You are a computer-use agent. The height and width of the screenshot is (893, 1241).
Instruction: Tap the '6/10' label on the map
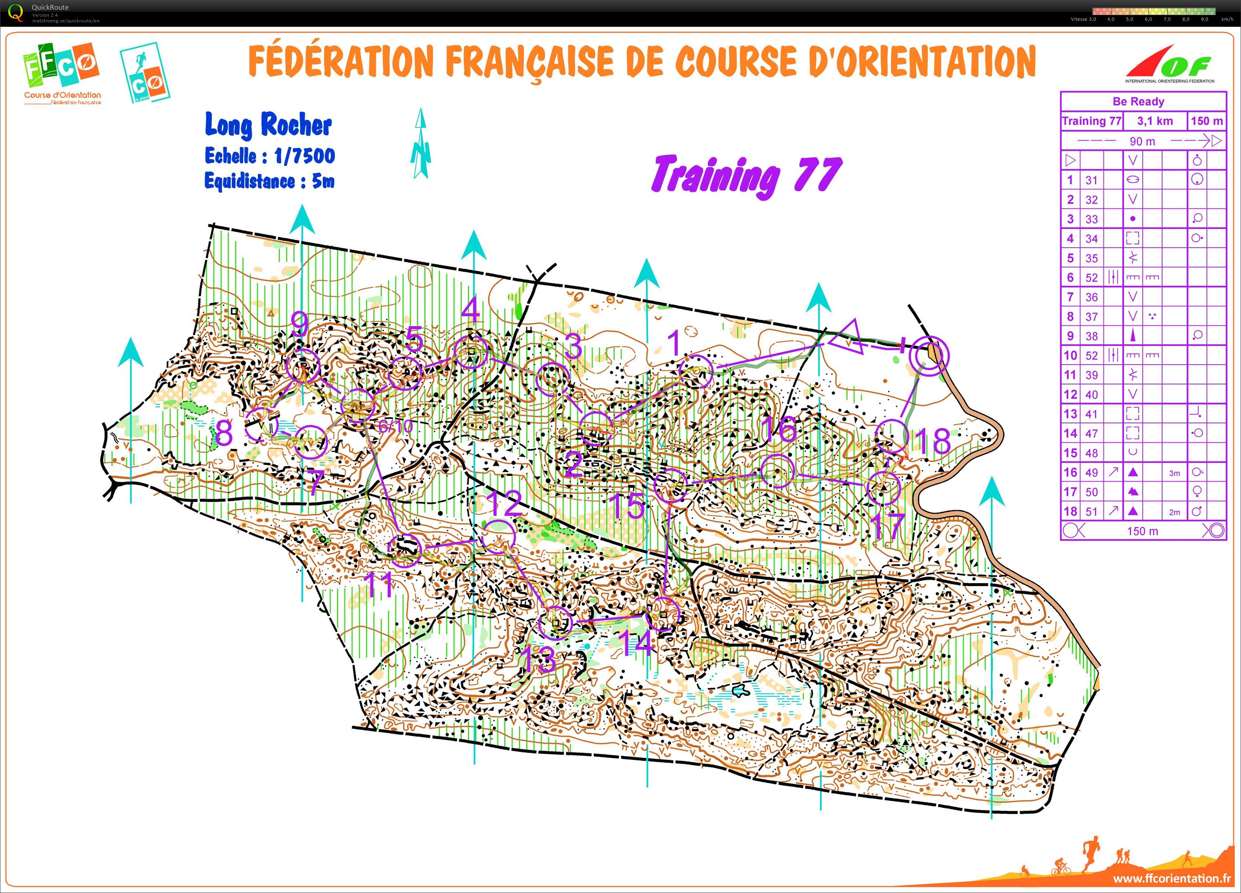tap(395, 426)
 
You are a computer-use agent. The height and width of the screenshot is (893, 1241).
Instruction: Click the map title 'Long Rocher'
tap(268, 125)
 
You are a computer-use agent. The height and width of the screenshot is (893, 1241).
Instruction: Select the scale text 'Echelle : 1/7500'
tap(269, 156)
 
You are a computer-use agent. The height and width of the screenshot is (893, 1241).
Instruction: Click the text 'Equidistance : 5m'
tap(269, 181)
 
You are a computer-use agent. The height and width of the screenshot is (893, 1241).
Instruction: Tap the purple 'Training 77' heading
tap(746, 175)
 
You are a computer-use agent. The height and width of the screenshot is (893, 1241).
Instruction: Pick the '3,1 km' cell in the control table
tap(1155, 121)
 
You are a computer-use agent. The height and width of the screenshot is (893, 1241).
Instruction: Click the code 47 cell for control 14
tap(1091, 433)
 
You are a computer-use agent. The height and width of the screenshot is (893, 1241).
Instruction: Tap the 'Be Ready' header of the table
tap(1138, 101)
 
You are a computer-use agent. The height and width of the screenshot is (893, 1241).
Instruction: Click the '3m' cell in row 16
tap(1174, 473)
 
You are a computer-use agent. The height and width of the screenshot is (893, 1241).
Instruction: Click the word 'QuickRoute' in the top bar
tap(50, 7)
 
